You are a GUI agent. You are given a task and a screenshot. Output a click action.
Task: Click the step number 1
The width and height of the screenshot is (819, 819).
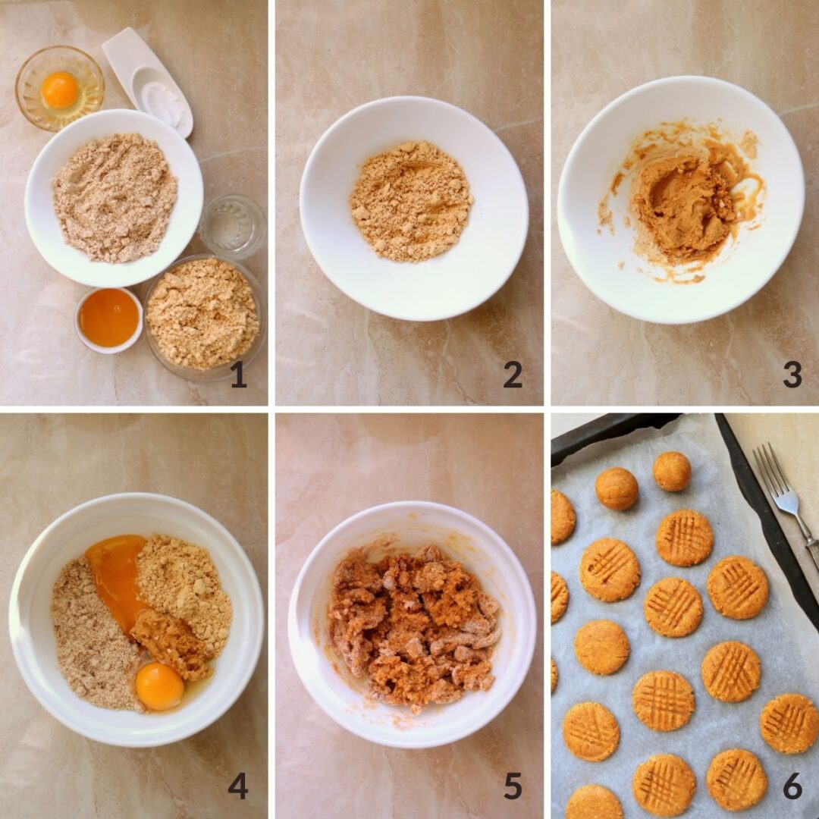coord(239,375)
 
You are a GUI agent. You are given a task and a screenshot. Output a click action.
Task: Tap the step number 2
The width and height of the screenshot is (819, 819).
coord(513,375)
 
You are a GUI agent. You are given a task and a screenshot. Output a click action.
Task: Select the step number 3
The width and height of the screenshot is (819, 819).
coord(792,375)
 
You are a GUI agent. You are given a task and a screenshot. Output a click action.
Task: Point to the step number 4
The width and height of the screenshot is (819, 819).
coord(238,786)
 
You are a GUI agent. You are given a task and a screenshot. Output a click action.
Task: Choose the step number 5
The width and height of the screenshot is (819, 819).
coord(513,786)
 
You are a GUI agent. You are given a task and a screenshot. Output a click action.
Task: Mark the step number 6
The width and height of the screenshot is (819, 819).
coord(792,786)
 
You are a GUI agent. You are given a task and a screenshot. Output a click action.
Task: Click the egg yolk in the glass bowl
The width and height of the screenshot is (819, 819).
coord(60,89)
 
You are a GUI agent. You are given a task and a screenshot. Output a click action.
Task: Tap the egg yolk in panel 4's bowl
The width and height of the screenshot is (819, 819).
coord(159,686)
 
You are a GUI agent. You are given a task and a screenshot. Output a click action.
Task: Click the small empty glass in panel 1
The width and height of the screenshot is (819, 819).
coord(233,226)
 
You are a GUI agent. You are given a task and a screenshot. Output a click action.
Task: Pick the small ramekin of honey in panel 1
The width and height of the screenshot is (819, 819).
coord(108,318)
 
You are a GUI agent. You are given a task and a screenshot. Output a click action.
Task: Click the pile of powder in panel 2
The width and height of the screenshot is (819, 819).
coord(411,201)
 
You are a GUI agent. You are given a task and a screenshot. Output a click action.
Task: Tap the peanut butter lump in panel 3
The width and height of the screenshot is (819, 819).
coord(682,205)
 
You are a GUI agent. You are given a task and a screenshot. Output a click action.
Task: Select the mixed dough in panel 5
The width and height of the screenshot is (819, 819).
coord(413,626)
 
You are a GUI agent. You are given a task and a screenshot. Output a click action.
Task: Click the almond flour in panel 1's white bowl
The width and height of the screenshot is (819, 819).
coord(114,197)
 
